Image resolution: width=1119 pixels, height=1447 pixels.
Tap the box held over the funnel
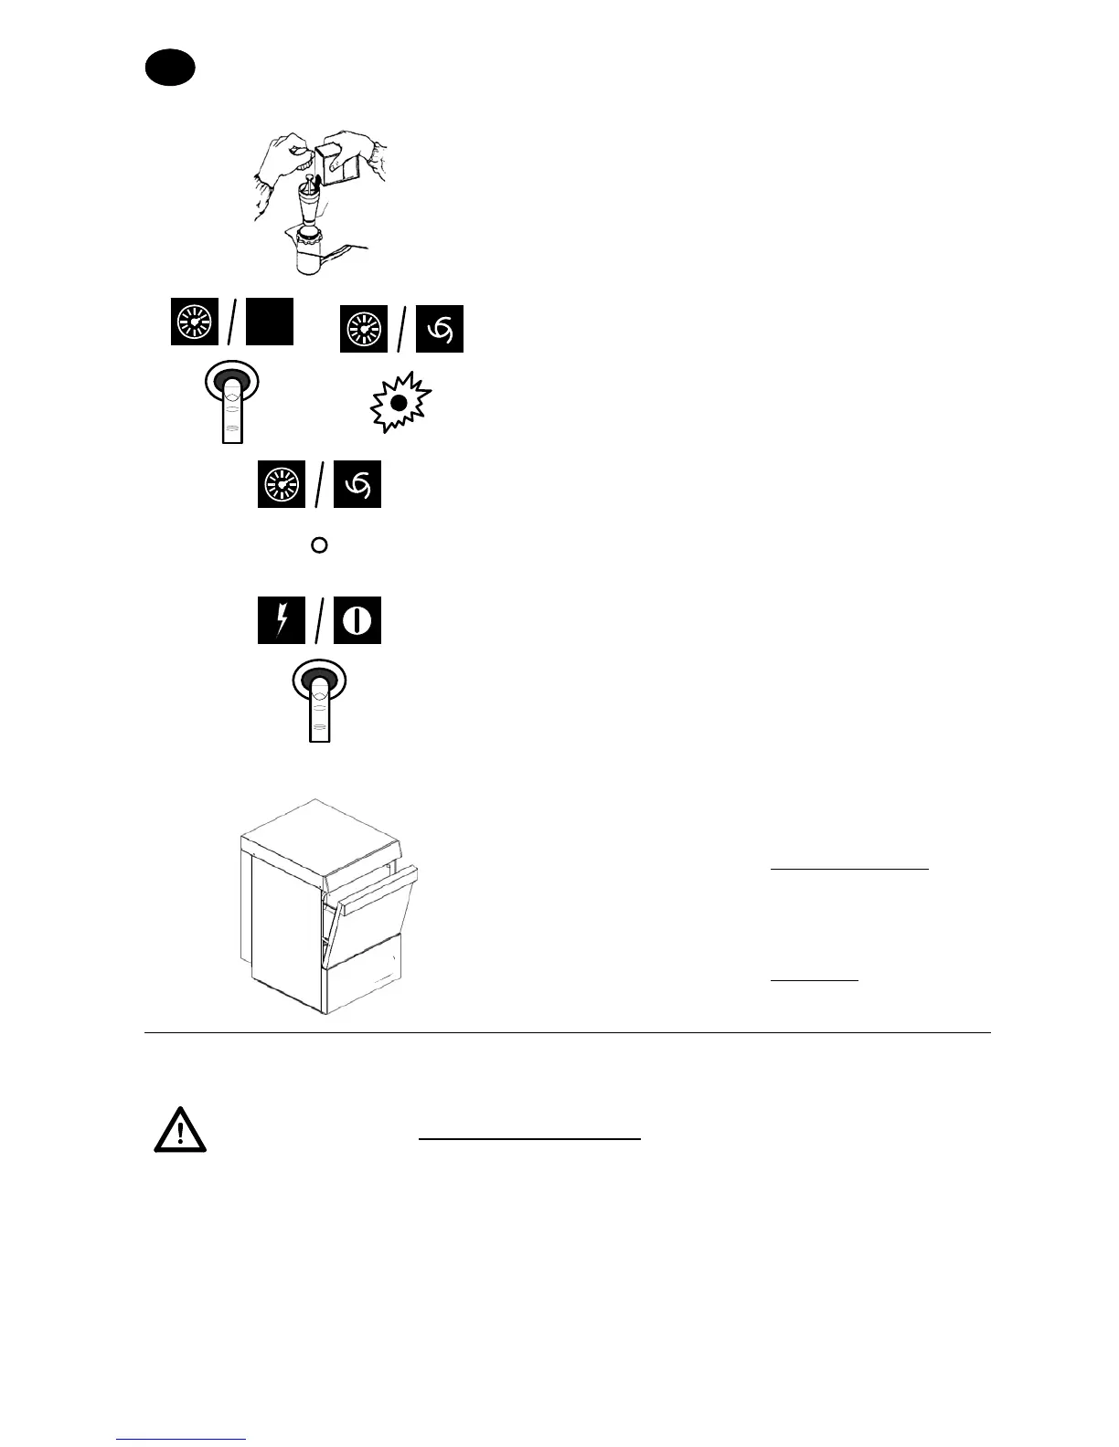tap(342, 163)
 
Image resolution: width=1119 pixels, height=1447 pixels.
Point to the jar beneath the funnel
tap(314, 256)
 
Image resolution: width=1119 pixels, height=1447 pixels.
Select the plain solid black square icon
tap(270, 321)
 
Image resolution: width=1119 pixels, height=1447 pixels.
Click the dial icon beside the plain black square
tap(195, 322)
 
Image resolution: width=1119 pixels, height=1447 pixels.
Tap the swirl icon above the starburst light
tap(440, 329)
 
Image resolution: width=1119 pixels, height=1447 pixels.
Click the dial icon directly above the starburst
tap(364, 329)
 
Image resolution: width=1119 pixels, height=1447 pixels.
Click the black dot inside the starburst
tap(399, 403)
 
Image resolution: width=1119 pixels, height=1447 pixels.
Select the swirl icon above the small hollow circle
tap(357, 485)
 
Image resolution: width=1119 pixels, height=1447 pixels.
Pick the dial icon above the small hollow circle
tap(282, 485)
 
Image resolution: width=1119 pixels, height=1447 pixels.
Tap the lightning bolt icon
tap(282, 621)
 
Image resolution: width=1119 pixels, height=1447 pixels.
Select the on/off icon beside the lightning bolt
tap(357, 621)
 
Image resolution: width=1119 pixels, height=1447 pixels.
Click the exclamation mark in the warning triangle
tap(180, 1134)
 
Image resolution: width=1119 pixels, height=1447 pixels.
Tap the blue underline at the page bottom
tap(181, 1440)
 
